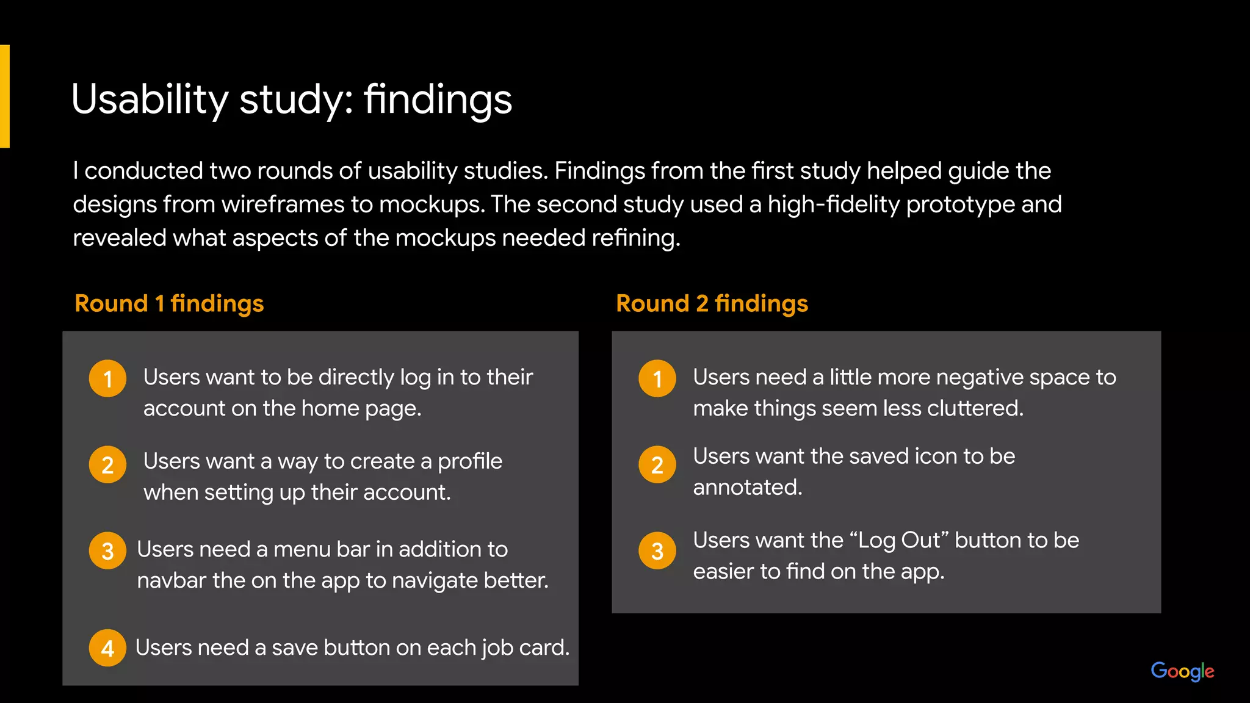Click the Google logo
(x=1182, y=671)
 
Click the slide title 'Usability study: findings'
(x=292, y=99)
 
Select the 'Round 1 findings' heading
(x=169, y=303)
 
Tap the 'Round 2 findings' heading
(x=712, y=303)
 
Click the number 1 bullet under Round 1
(x=108, y=379)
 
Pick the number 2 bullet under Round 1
(x=108, y=465)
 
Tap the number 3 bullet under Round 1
(x=108, y=551)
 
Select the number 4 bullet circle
(x=108, y=648)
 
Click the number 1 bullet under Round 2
(x=657, y=379)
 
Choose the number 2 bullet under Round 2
(x=657, y=465)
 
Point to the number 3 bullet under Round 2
(x=657, y=551)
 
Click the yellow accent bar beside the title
(x=5, y=96)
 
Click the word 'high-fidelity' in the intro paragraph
(x=833, y=204)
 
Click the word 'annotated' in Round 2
(x=747, y=488)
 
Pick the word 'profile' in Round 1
(x=470, y=462)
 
